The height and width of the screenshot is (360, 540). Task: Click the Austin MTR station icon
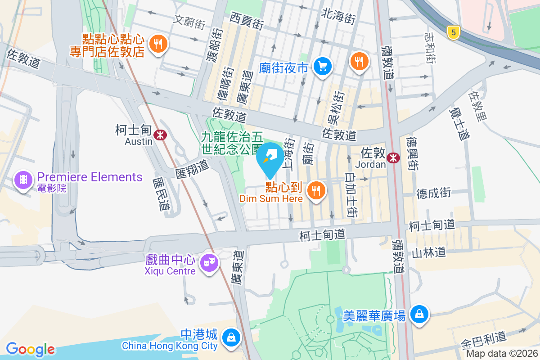[x=159, y=134]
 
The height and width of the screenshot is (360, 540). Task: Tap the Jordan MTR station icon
[x=393, y=157]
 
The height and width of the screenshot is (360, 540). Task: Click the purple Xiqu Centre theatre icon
[x=209, y=261]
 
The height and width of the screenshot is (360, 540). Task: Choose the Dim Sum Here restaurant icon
[x=316, y=191]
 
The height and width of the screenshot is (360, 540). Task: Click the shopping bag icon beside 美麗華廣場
[x=419, y=314]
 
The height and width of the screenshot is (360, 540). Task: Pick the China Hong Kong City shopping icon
[x=231, y=337]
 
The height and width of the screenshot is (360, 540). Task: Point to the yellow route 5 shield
[x=454, y=32]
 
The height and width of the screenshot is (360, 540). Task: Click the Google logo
[x=30, y=349]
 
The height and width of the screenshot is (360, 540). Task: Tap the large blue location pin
[x=270, y=158]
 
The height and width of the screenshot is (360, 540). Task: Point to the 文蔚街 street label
[x=189, y=21]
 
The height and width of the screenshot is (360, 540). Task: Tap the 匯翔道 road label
[x=193, y=170]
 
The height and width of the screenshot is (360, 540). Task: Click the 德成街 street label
[x=433, y=193]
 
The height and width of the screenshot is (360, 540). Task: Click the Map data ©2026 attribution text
[x=502, y=354]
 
